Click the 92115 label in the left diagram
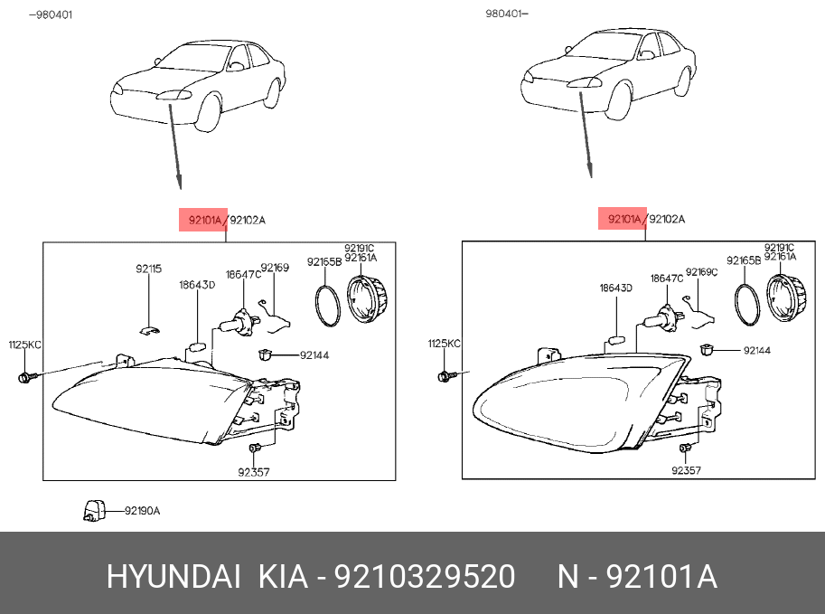[x=148, y=269]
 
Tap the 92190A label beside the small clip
[x=142, y=511]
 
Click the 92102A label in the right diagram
[x=667, y=219]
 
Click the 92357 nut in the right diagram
[x=686, y=448]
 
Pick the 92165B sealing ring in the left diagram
[x=327, y=306]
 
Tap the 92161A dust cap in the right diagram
[x=786, y=298]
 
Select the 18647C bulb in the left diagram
[x=238, y=321]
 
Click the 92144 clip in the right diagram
[x=707, y=349]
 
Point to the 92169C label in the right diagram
[x=701, y=271]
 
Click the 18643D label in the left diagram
[x=197, y=285]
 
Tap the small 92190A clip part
[x=94, y=510]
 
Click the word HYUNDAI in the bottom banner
[x=173, y=576]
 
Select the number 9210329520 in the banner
[x=425, y=576]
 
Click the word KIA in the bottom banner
[x=283, y=576]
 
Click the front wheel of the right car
[x=619, y=102]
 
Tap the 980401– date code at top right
[x=506, y=14]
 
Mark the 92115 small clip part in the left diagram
[x=150, y=331]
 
